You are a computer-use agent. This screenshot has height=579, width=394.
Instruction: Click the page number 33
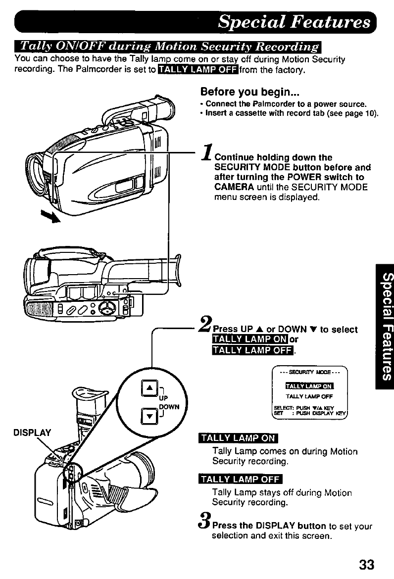point(366,564)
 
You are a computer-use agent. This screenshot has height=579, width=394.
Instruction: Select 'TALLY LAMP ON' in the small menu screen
point(309,386)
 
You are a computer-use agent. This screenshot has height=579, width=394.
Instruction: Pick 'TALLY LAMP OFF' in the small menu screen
point(309,396)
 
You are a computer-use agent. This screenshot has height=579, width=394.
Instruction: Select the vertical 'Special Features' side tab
point(385,327)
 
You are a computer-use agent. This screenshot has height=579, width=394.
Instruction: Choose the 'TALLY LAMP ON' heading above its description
point(238,438)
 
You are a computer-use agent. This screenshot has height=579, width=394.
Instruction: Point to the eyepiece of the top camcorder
point(163,109)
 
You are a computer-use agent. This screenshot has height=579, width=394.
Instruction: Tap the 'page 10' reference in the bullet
point(363,113)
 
